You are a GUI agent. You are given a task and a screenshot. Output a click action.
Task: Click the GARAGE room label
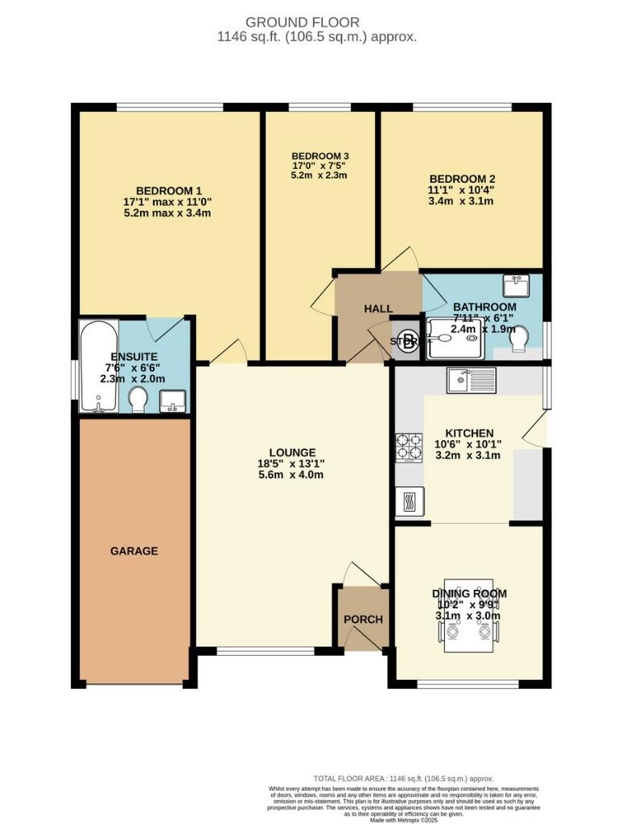coord(134,551)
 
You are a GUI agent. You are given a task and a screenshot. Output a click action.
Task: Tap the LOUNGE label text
coord(293,452)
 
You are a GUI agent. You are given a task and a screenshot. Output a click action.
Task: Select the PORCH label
coord(363,619)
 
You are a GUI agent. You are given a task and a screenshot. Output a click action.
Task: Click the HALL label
coord(377,308)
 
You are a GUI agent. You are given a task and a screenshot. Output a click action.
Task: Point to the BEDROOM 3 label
coord(319,155)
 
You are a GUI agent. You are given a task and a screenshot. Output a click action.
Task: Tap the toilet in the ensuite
coord(138,398)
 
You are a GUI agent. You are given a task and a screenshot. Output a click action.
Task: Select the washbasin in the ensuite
coord(173,400)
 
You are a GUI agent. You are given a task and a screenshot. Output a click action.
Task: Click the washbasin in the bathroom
coord(514,286)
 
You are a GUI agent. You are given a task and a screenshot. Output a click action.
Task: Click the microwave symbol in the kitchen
coord(406,501)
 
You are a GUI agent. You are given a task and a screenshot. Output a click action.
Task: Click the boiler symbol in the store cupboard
coord(408,340)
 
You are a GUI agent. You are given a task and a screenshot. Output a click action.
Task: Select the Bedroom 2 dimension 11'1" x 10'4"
coord(461,191)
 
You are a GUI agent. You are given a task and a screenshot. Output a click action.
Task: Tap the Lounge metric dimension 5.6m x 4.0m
coord(293,475)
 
